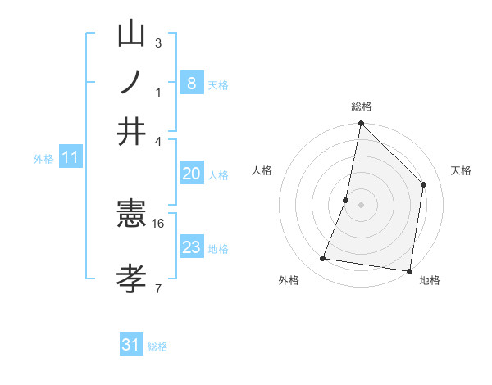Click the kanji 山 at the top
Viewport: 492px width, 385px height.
(132, 35)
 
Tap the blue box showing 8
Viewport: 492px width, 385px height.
(191, 83)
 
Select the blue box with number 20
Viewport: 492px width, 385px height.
(191, 174)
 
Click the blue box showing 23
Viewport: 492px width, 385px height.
(191, 247)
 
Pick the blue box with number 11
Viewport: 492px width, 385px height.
(70, 158)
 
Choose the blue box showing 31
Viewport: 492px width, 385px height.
(131, 345)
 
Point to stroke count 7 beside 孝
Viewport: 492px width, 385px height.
(157, 288)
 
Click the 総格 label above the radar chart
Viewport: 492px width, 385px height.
(361, 106)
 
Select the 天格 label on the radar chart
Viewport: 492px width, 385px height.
(461, 170)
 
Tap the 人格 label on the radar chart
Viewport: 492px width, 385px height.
(262, 170)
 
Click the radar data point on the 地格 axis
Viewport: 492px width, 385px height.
(409, 270)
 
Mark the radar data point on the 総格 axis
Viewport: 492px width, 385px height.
(361, 125)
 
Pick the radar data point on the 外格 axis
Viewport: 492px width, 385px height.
(323, 259)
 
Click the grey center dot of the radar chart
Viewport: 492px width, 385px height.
(361, 204)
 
